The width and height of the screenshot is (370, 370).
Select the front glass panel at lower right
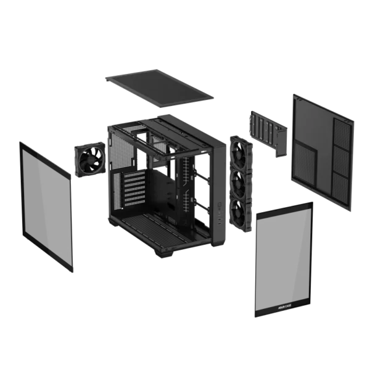[x=284, y=259]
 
